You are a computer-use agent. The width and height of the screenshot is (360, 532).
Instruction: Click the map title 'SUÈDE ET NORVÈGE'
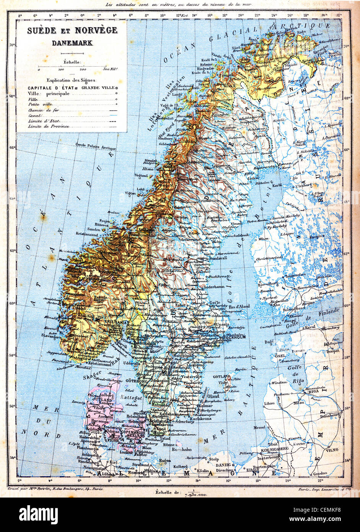tap(72, 31)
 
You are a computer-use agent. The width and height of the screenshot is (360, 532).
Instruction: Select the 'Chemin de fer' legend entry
tap(42, 110)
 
